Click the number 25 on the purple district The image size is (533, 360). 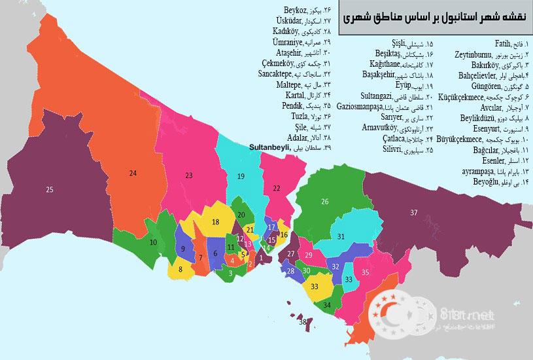(x=49, y=190)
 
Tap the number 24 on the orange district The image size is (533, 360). (x=133, y=173)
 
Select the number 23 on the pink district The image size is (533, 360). (x=189, y=175)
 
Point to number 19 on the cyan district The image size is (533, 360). (x=241, y=177)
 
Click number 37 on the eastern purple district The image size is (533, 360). (x=413, y=213)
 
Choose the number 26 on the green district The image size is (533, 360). (x=324, y=201)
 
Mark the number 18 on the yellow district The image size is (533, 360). (x=215, y=223)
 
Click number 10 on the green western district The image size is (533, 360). (x=153, y=242)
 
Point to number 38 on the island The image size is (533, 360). (x=302, y=322)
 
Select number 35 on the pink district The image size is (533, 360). (x=366, y=272)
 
